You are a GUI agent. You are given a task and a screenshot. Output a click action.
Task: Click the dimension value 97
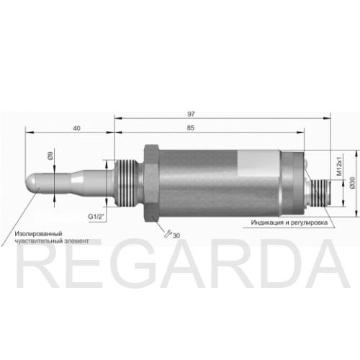tap(191, 114)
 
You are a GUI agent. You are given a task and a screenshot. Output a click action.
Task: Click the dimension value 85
tap(190, 128)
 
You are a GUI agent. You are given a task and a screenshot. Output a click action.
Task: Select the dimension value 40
tap(76, 128)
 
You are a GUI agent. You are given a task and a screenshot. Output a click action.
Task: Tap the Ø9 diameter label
tap(50, 156)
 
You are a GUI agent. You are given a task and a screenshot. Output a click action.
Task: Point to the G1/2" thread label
tap(96, 217)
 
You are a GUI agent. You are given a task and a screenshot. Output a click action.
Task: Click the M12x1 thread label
tap(339, 166)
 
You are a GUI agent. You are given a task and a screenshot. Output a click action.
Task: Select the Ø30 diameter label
tap(352, 183)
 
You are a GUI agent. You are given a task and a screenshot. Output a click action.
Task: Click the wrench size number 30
tap(176, 235)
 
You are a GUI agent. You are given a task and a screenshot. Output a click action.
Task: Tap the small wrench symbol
tap(168, 234)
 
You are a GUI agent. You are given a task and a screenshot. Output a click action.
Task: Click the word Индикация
tap(267, 222)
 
